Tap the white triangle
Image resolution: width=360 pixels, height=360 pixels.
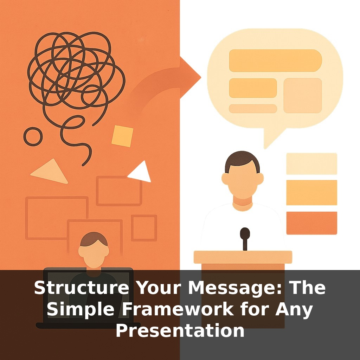[x=141, y=173]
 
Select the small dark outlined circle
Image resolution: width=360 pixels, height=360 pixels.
[x=33, y=136]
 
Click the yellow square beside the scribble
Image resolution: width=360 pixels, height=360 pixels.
[x=122, y=136]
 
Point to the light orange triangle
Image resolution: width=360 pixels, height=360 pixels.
[x=51, y=172]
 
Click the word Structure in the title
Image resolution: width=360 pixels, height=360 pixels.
[x=82, y=288]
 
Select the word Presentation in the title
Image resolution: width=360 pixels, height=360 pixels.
[x=180, y=330]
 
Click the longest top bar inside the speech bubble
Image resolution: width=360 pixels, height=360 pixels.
[x=275, y=60]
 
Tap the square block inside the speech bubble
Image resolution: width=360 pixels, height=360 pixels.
[x=303, y=96]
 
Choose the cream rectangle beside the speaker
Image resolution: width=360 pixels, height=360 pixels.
[x=311, y=164]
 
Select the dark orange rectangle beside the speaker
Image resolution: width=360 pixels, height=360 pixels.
[x=311, y=223]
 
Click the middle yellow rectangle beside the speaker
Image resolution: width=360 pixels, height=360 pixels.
[x=311, y=192]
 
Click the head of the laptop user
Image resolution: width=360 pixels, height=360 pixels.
[x=94, y=250]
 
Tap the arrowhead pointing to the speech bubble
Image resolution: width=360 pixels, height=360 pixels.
[x=190, y=77]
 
